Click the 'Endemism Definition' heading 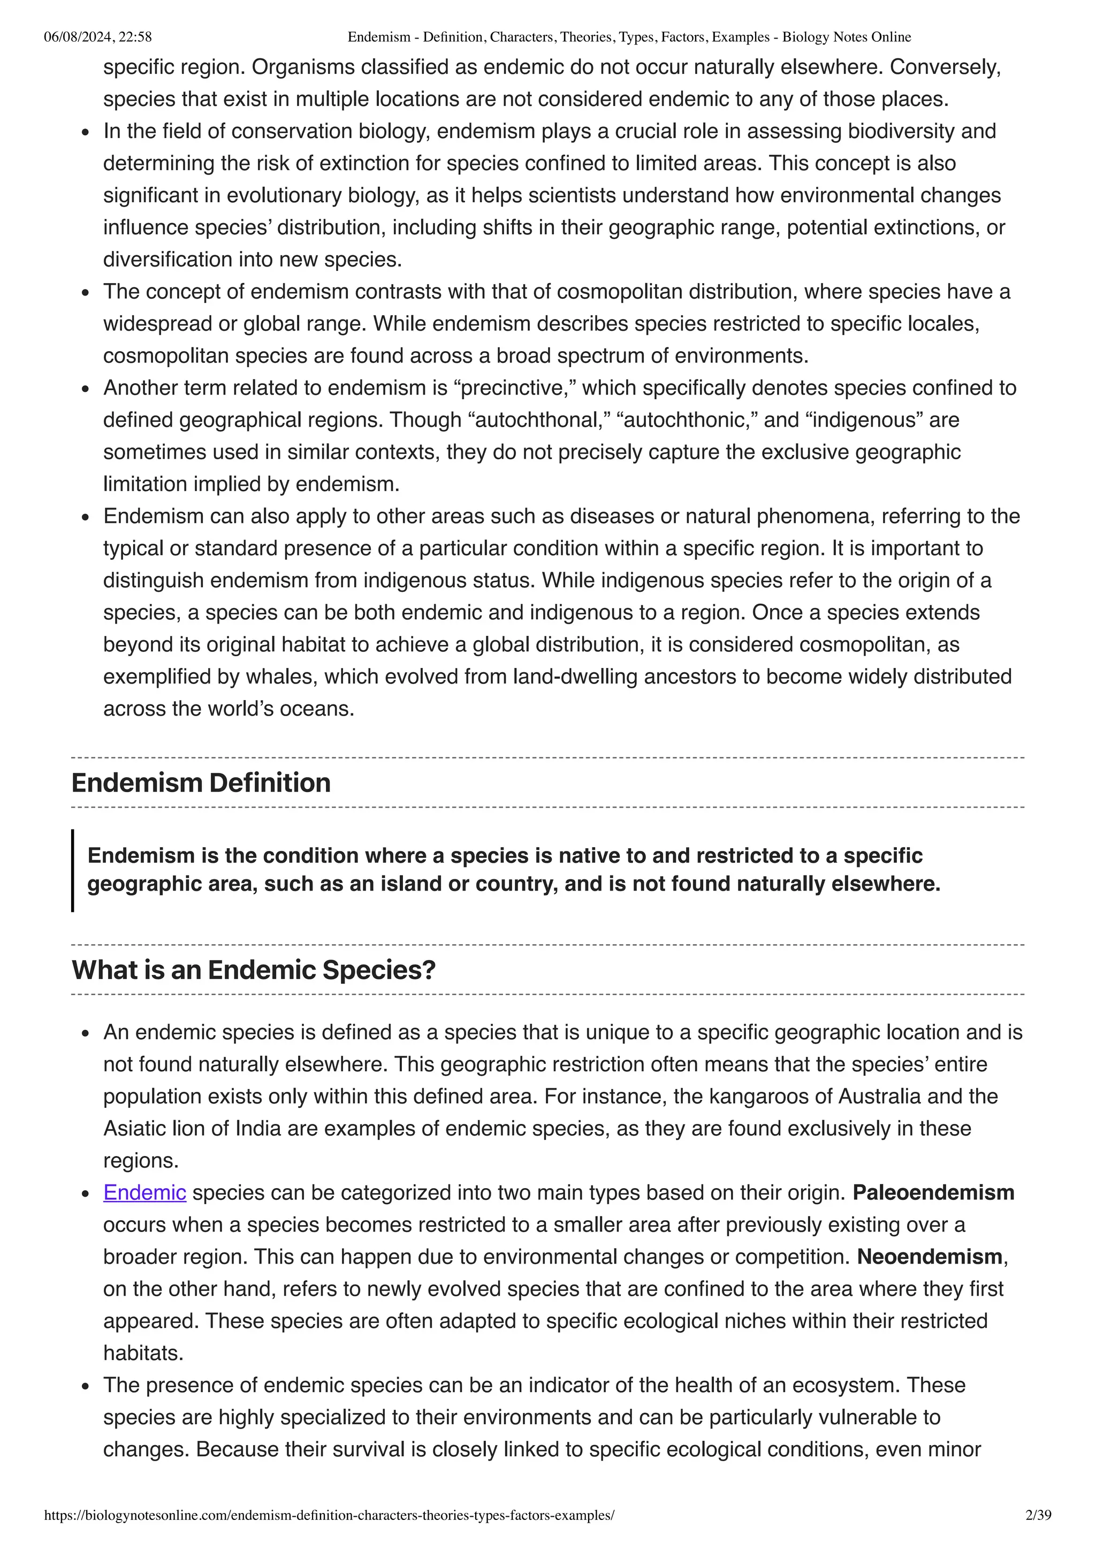point(201,783)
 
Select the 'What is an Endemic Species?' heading point(253,970)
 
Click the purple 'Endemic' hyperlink point(144,1192)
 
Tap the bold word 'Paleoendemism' point(933,1192)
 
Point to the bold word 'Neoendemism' point(929,1257)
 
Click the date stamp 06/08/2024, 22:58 point(97,37)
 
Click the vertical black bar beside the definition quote point(73,870)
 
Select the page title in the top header point(629,37)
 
